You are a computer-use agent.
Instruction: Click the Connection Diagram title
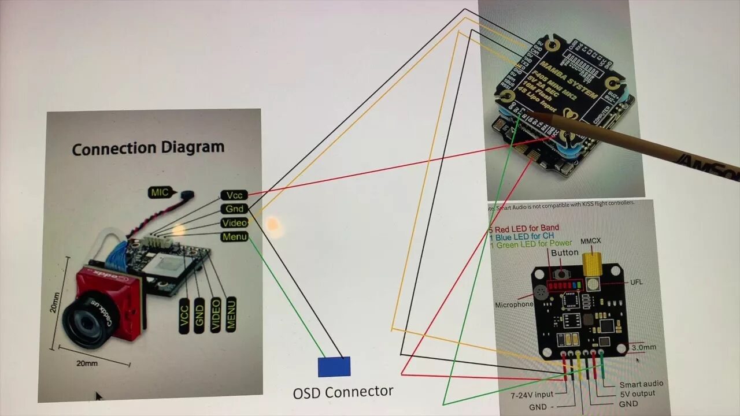148,148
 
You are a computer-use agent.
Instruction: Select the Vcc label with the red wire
234,195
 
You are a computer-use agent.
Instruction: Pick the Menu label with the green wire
234,236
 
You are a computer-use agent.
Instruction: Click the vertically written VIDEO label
215,315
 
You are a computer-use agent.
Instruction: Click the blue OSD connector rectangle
334,367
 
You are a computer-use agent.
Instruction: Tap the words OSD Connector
343,392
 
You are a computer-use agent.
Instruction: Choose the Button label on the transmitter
564,252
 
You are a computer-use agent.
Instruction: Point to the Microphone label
514,304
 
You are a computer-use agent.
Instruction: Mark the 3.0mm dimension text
643,347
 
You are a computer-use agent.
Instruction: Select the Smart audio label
641,384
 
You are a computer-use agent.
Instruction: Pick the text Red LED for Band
526,228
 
